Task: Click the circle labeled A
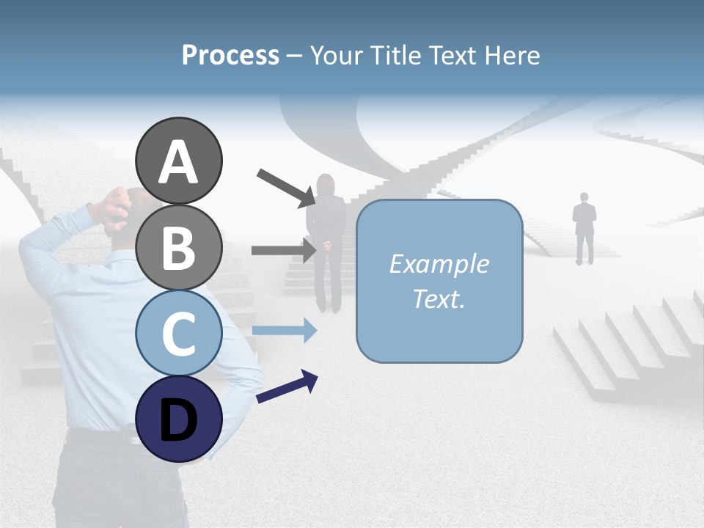click(x=179, y=161)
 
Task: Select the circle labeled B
click(x=179, y=247)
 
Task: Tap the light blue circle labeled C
click(x=179, y=333)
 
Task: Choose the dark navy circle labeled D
click(x=179, y=419)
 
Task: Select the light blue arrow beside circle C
click(x=285, y=330)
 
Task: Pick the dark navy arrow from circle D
click(x=287, y=386)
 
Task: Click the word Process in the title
click(x=230, y=55)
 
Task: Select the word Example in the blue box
click(x=439, y=264)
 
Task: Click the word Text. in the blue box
click(x=439, y=298)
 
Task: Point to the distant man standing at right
click(x=584, y=227)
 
